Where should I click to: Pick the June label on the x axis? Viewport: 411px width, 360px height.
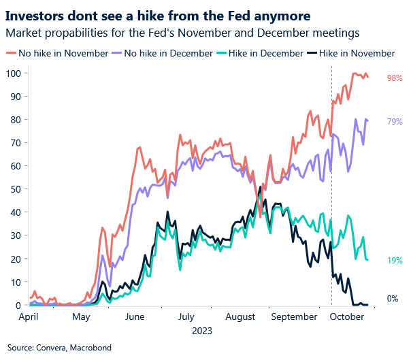coord(135,316)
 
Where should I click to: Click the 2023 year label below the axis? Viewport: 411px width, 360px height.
coord(202,331)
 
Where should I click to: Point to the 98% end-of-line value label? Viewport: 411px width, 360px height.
coord(395,78)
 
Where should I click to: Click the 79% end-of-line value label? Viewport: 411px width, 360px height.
coord(395,122)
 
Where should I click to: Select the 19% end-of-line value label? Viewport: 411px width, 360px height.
coord(395,261)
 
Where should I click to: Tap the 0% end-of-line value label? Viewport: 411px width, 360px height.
coord(393,299)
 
